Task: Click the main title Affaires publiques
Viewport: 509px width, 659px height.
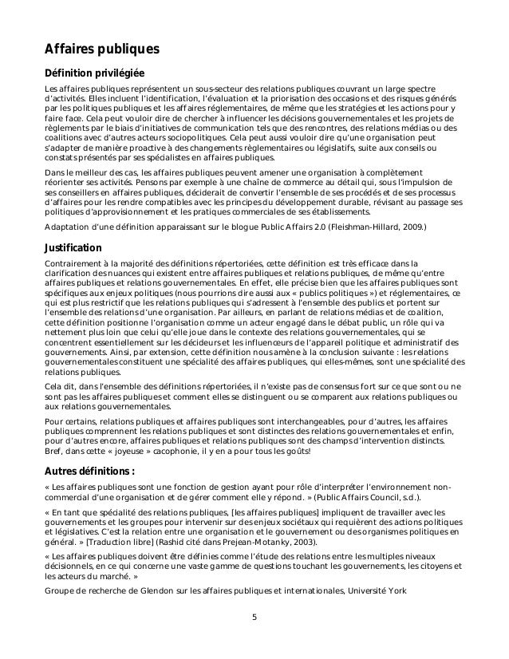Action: click(x=102, y=49)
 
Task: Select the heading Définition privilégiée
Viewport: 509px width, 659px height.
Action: click(x=93, y=73)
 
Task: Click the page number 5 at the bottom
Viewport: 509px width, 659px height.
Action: click(x=254, y=616)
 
